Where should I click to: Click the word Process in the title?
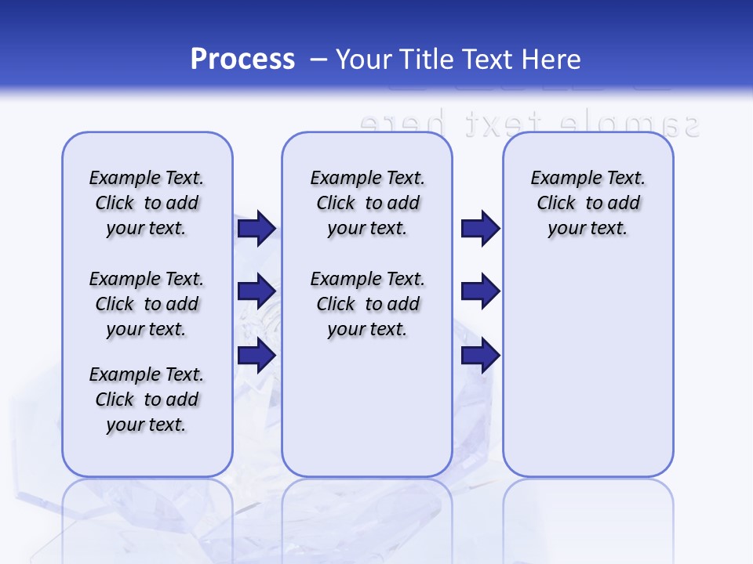[x=242, y=60]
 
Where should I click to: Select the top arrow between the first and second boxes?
[x=256, y=228]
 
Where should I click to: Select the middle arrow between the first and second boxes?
[x=256, y=291]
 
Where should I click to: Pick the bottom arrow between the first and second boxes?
[x=256, y=355]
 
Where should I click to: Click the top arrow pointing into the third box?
[x=480, y=228]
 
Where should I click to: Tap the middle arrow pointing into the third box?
[x=480, y=291]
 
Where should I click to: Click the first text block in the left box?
[x=147, y=203]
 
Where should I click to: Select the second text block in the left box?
[x=147, y=304]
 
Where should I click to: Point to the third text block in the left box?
[x=147, y=399]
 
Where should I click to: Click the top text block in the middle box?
[x=367, y=203]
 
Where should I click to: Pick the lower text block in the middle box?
[x=367, y=304]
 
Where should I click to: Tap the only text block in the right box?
[x=587, y=203]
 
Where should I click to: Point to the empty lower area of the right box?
[x=587, y=376]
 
